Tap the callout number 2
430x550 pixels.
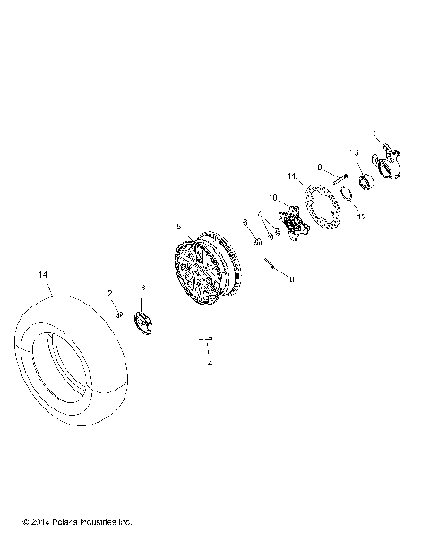[110, 294]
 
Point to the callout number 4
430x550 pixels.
[209, 365]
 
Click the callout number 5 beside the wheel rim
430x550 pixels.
[178, 228]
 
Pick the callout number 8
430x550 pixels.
[289, 279]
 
